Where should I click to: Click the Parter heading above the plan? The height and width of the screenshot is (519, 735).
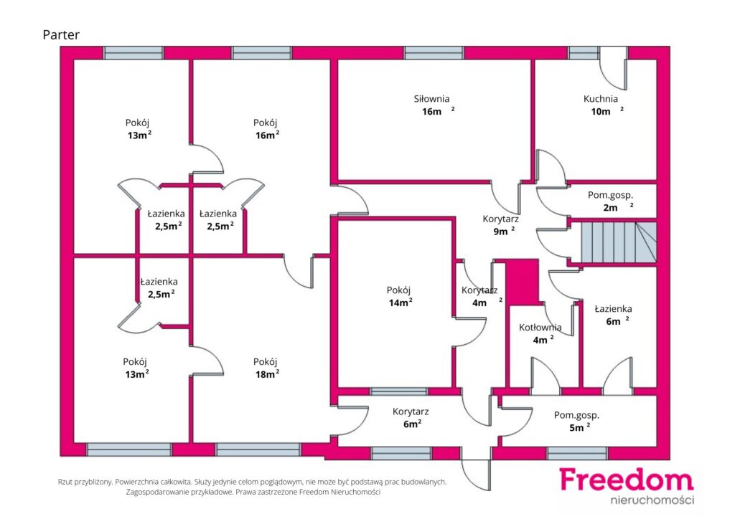coord(61,34)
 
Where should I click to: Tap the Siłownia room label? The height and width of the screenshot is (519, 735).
coord(431,99)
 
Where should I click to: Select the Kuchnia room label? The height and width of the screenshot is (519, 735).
coord(601,99)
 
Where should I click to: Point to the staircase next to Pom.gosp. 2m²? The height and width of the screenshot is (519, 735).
coord(619,242)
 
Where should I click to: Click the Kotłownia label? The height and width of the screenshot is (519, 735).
coord(540,328)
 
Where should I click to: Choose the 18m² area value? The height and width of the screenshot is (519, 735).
coord(267,374)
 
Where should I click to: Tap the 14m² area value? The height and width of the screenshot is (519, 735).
coord(401,303)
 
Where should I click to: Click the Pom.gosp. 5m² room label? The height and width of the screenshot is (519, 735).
coord(576,422)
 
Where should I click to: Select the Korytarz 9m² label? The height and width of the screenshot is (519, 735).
coord(500,224)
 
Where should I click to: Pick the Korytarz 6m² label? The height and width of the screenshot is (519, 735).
coord(411,417)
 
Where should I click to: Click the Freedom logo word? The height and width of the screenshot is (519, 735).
coord(627,480)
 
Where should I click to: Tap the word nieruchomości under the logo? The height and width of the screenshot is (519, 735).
coord(652,500)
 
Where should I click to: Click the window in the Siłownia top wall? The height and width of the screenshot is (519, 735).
coord(434,53)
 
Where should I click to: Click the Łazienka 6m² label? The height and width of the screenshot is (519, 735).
coord(613,315)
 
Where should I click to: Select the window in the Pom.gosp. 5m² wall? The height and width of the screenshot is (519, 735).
coord(577,453)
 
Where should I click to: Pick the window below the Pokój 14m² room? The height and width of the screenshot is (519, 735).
coord(399,391)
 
